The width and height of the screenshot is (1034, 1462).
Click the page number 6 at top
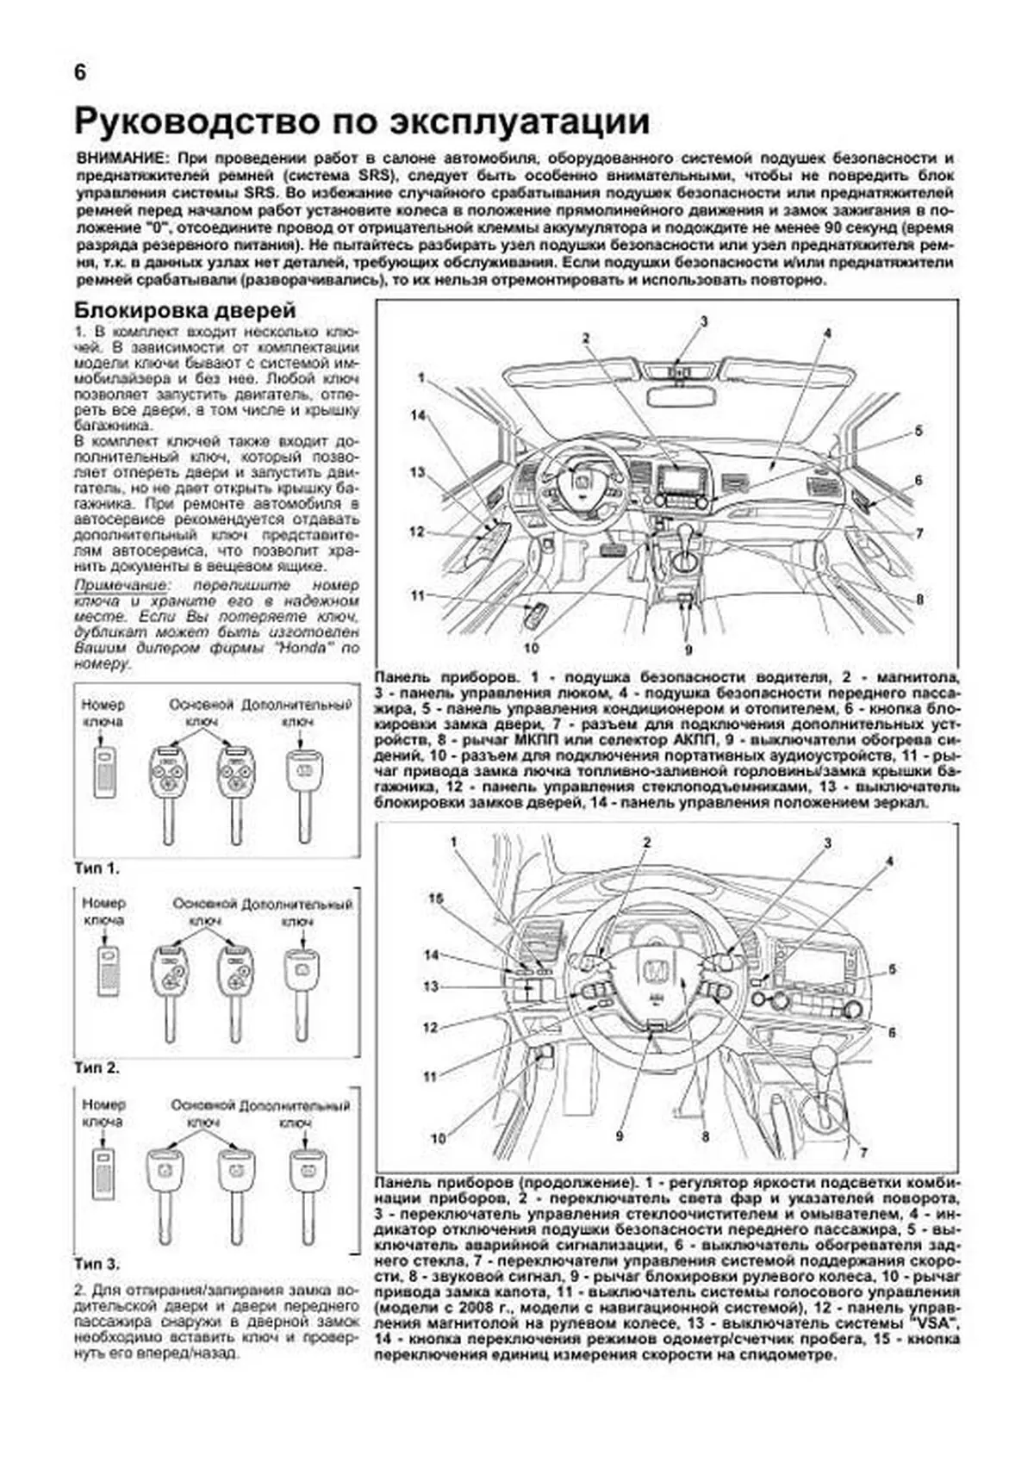80,73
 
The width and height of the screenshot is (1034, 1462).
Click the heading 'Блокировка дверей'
185,310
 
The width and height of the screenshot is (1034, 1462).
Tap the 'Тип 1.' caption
97,868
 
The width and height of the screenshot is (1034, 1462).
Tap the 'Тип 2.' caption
97,1067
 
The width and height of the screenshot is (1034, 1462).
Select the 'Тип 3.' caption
97,1264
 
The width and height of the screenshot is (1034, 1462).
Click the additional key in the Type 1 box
302,788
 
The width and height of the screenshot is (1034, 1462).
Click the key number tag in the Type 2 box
109,973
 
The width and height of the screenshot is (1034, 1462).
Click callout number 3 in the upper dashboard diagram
703,321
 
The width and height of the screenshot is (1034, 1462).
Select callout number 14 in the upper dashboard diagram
418,415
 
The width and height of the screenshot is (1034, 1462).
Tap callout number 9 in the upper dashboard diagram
688,650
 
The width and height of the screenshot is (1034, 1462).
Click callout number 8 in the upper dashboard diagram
919,599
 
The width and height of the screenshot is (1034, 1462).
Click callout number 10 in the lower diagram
439,1138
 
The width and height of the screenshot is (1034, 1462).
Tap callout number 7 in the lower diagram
863,1152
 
